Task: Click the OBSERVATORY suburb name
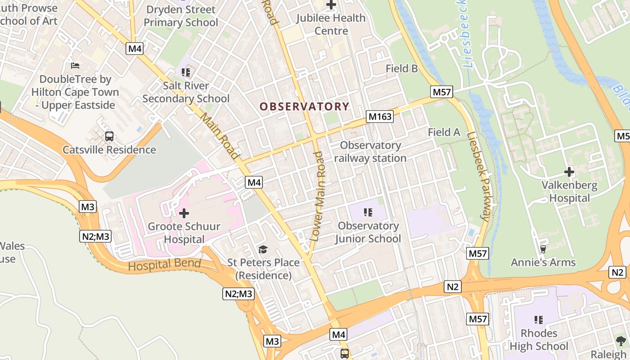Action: [304, 107]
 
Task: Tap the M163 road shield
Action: [380, 117]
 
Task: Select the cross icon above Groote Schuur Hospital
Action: [184, 213]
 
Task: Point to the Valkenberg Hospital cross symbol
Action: [569, 171]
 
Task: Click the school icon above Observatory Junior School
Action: [368, 212]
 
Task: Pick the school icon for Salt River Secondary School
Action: [185, 72]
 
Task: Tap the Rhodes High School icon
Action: [538, 320]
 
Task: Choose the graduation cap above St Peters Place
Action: [263, 249]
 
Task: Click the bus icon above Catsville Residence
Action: [109, 136]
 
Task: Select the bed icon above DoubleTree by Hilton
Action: [75, 66]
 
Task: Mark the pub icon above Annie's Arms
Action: [543, 249]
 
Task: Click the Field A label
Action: [444, 132]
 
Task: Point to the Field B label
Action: [402, 68]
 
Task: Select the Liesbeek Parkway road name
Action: [478, 176]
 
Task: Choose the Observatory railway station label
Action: [370, 152]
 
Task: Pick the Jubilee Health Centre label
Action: [331, 24]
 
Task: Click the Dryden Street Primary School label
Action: [181, 16]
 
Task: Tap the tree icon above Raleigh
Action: [621, 341]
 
